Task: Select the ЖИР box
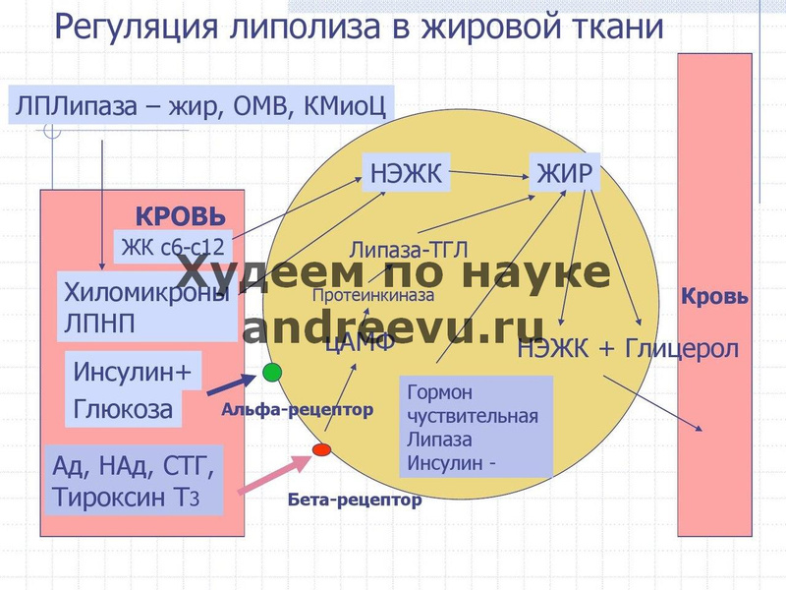pyautogui.click(x=565, y=175)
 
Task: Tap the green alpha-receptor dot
pyautogui.click(x=272, y=372)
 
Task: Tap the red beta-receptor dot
pyautogui.click(x=321, y=449)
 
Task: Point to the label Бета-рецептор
pyautogui.click(x=355, y=500)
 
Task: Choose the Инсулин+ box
pyautogui.click(x=134, y=373)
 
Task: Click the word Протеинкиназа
pyautogui.click(x=372, y=294)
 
